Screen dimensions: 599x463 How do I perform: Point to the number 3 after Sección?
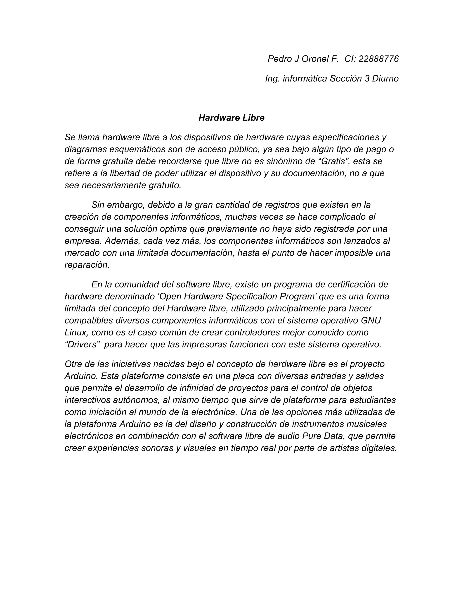[367, 78]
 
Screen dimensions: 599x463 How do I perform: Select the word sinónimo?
[280, 161]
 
